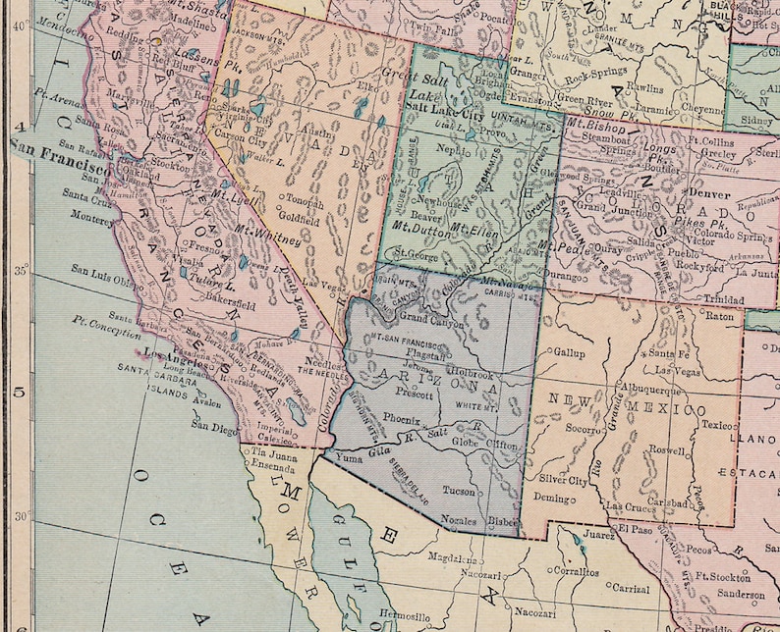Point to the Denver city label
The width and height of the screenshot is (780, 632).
(708, 193)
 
